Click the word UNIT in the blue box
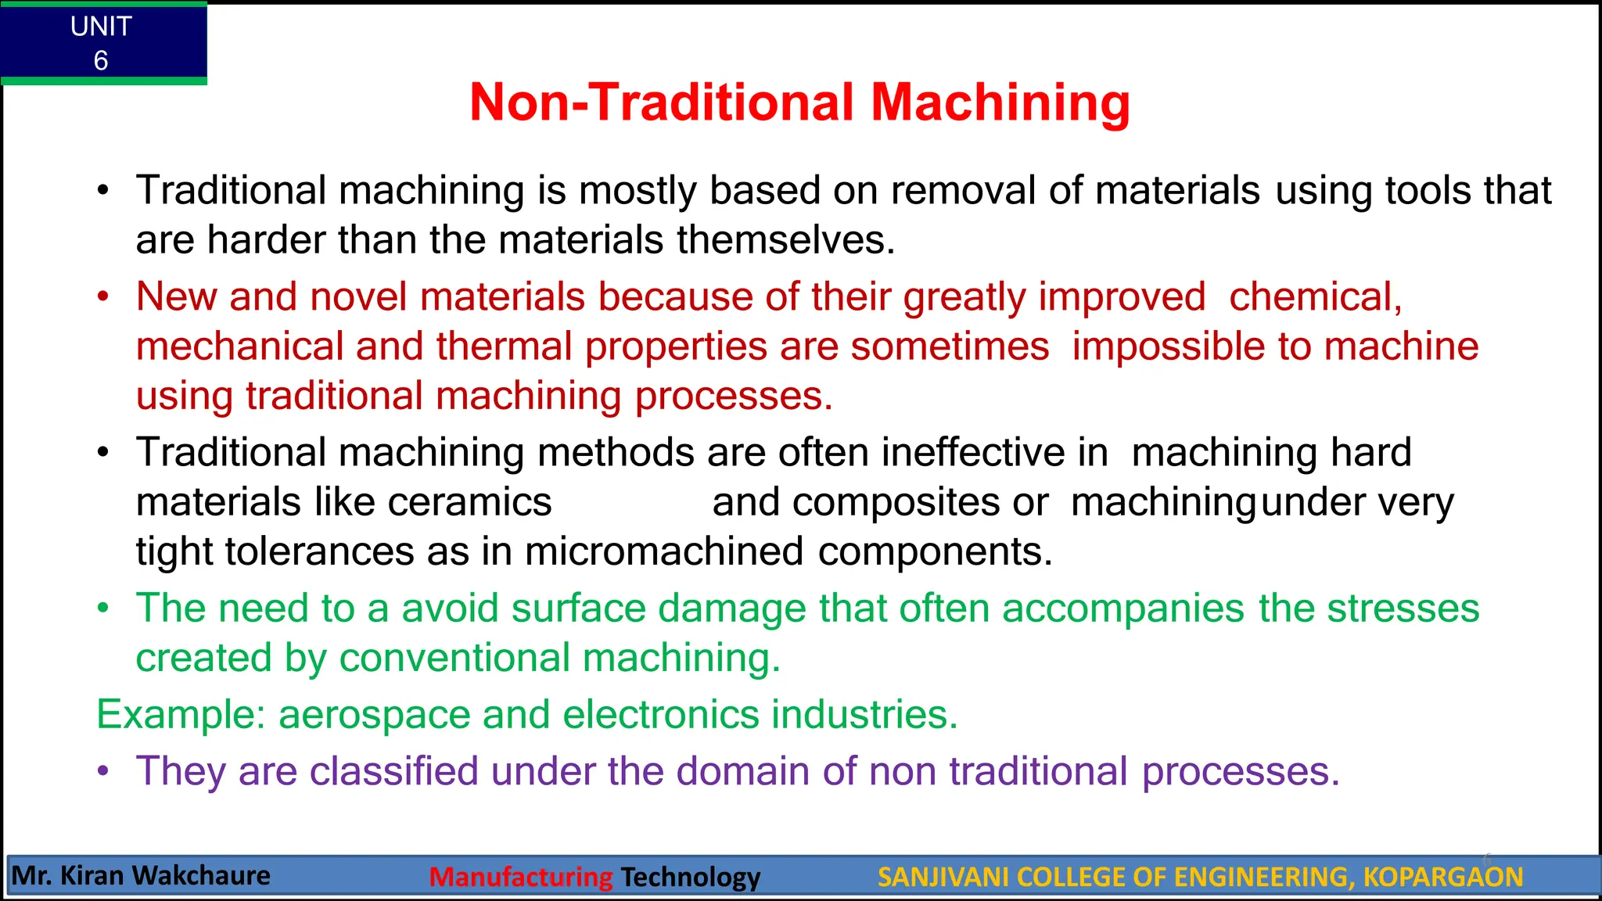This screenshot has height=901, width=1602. point(101,27)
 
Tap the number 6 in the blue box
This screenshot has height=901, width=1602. point(101,61)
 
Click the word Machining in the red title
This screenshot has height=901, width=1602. point(1000,102)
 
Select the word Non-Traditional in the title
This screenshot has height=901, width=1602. point(662,102)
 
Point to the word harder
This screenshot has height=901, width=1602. point(266,239)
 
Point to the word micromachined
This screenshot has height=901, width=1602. point(664,551)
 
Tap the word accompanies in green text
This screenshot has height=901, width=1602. point(1122,608)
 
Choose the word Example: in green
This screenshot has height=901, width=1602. point(181,715)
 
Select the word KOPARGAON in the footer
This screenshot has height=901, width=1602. point(1442,877)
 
